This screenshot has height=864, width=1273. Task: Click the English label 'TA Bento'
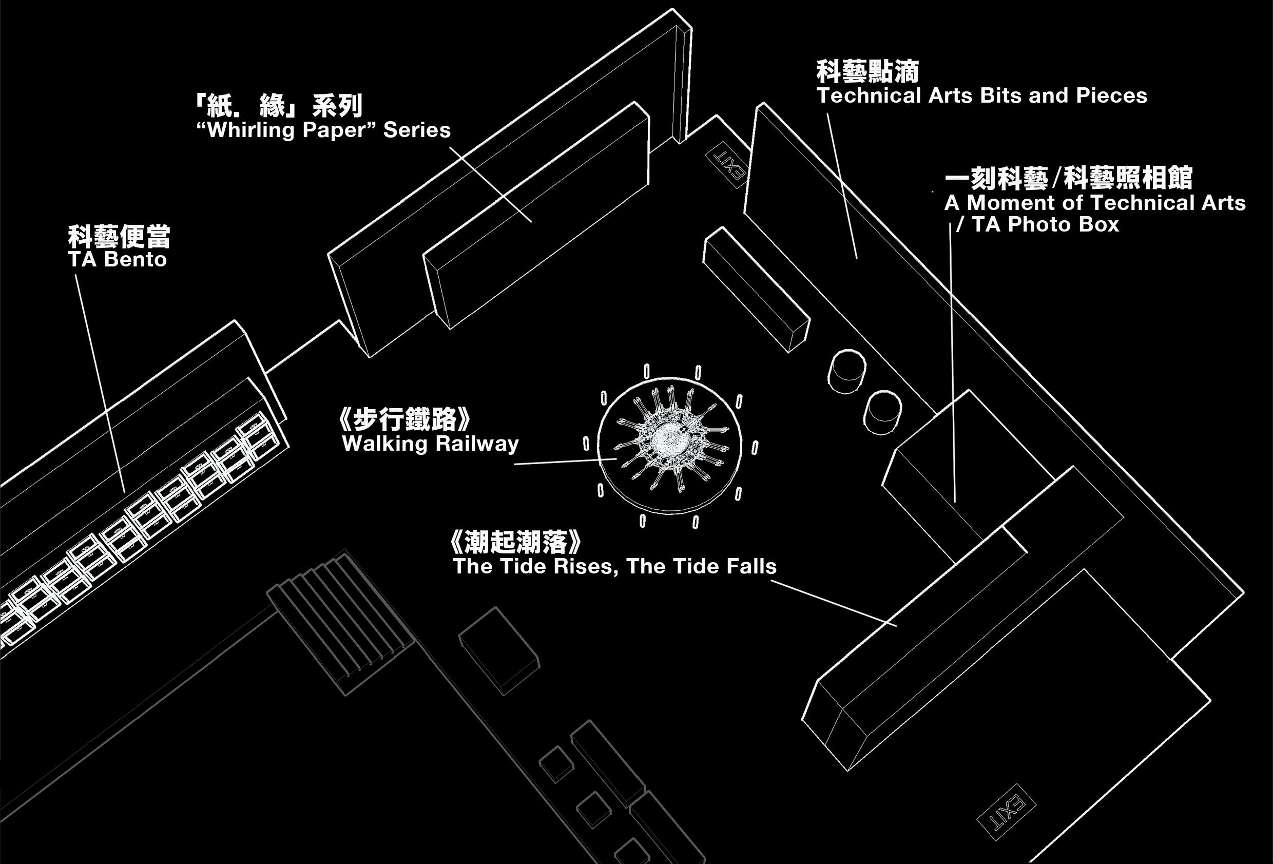[x=117, y=259]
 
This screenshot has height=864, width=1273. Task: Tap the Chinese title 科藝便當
[x=119, y=237]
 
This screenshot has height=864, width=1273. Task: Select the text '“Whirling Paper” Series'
[x=323, y=130]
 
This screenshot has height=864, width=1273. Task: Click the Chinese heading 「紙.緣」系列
[x=278, y=106]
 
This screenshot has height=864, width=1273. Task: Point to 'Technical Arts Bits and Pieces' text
[x=981, y=96]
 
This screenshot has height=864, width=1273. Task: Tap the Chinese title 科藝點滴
[x=867, y=72]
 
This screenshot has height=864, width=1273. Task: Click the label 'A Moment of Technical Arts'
[x=1095, y=203]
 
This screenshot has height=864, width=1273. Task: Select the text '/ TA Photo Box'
[x=1037, y=225]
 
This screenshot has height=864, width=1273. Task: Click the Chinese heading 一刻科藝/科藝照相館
[x=1068, y=179]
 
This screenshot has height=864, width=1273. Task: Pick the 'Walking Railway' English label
[x=430, y=443]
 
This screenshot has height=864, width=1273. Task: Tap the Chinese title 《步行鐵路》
[x=406, y=420]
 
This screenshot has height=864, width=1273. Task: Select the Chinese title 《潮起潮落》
[x=514, y=543]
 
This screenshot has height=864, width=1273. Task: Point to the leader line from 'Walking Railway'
[x=564, y=462]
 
